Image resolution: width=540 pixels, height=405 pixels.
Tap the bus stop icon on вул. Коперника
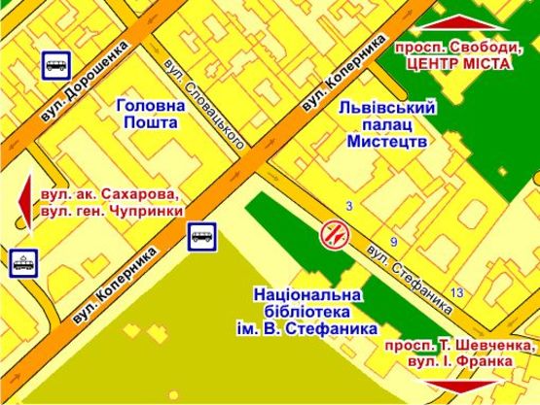[x=202, y=235]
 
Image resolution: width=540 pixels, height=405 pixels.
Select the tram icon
[x=21, y=261]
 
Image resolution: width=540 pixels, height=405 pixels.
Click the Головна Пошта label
[x=146, y=115]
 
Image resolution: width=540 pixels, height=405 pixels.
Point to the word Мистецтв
[x=387, y=142]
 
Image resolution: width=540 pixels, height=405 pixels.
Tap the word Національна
[x=306, y=294]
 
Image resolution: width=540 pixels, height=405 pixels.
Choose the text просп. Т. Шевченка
[x=460, y=346]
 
